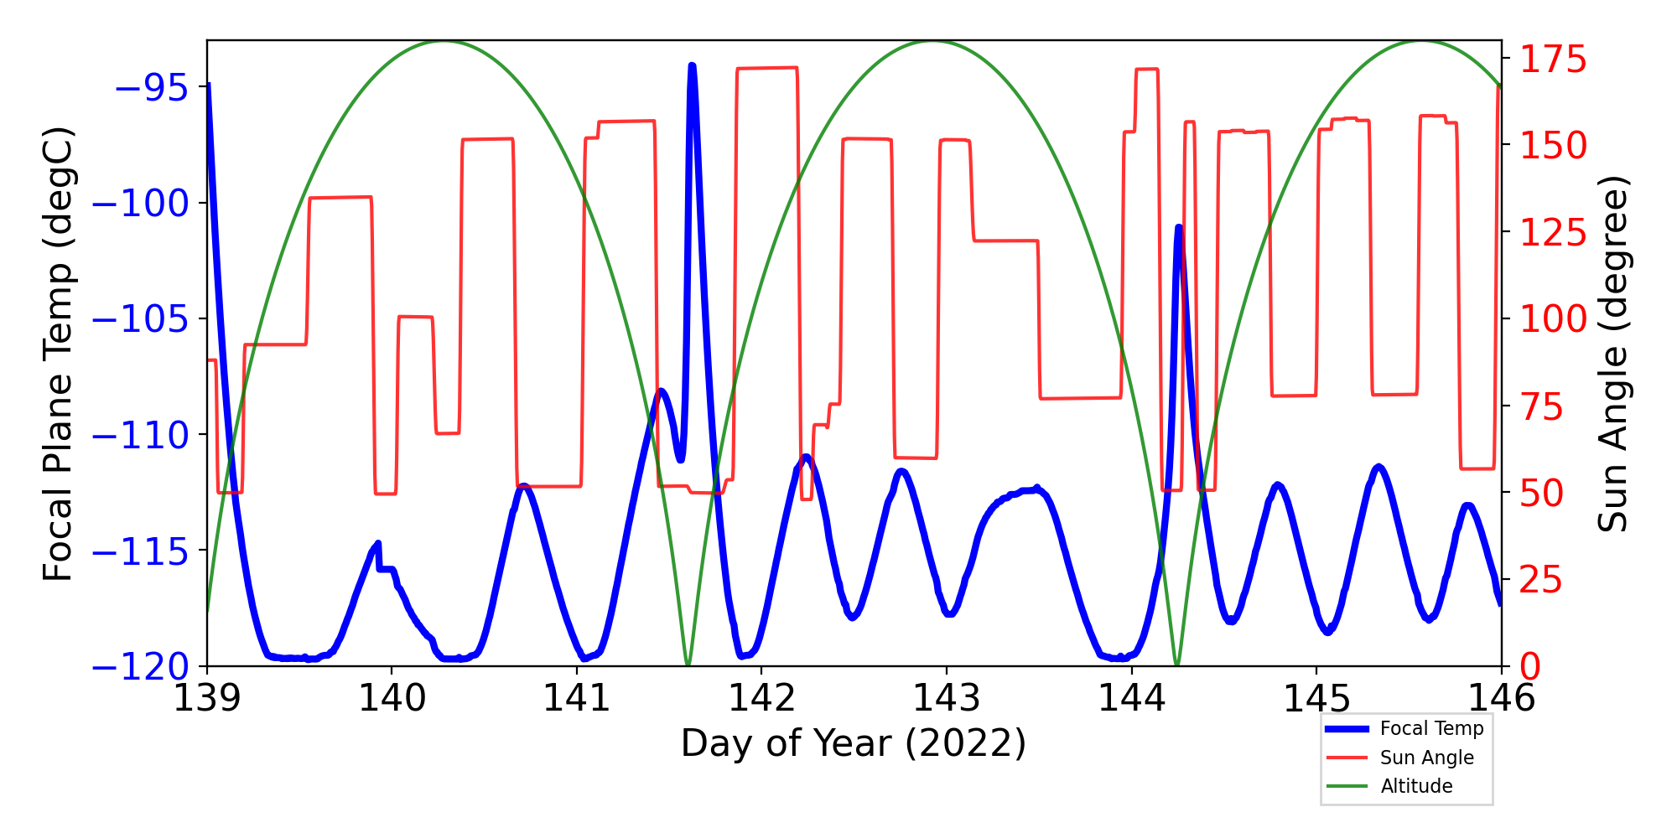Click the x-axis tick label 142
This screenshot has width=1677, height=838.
pyautogui.click(x=761, y=698)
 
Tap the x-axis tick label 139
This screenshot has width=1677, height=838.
pyautogui.click(x=206, y=698)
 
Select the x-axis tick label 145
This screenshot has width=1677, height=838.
pyautogui.click(x=1316, y=698)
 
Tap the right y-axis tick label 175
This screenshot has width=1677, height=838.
pyautogui.click(x=1554, y=60)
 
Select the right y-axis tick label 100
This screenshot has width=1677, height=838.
pyautogui.click(x=1554, y=319)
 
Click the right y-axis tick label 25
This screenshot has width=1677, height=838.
pyautogui.click(x=1542, y=580)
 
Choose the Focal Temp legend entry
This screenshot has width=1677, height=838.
pyautogui.click(x=1431, y=729)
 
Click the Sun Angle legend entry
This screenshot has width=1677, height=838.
pyautogui.click(x=1426, y=758)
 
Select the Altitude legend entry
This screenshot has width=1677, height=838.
pyautogui.click(x=1416, y=786)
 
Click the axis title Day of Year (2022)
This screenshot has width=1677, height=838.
pyautogui.click(x=854, y=743)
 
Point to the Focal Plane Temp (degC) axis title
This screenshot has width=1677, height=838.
pyautogui.click(x=59, y=354)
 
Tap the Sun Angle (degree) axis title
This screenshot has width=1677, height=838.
pyautogui.click(x=1612, y=354)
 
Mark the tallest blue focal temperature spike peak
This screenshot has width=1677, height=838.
pyautogui.click(x=692, y=65)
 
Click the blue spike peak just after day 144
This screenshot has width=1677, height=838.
pyautogui.click(x=1179, y=227)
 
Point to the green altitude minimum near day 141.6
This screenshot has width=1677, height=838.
pyautogui.click(x=688, y=664)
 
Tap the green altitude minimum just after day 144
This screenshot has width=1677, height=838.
pyautogui.click(x=1177, y=664)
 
